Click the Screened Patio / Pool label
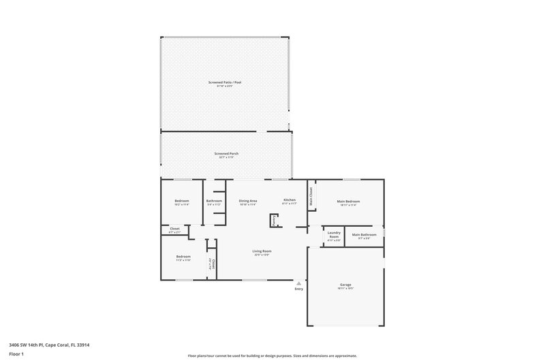[x=225, y=82]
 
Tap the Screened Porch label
[x=226, y=154]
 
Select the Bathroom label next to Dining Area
[x=215, y=202]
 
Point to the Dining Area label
[x=248, y=202]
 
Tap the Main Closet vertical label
[x=311, y=198]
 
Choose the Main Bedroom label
[x=348, y=202]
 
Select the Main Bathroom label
[x=364, y=236]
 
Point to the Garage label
[x=345, y=285]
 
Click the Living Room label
[x=262, y=253]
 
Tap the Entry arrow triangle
[x=298, y=283]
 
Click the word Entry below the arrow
[x=298, y=289]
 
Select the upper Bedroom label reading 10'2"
[x=182, y=202]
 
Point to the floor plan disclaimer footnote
[x=272, y=356]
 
